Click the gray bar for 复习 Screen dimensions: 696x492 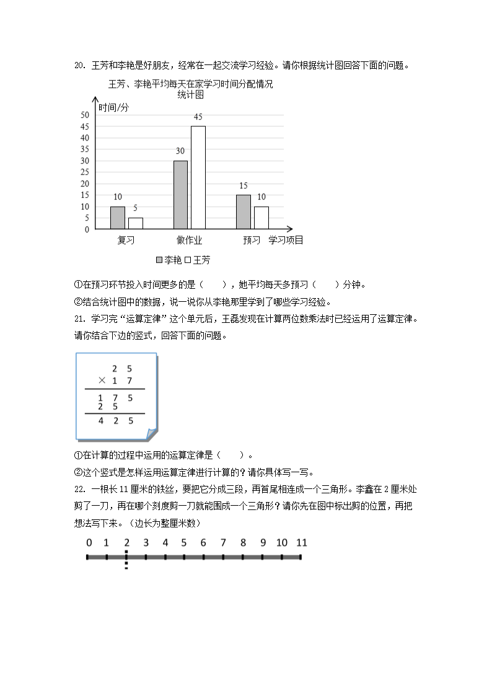(118, 218)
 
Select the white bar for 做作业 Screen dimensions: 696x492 (198, 177)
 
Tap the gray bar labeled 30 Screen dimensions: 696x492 (180, 195)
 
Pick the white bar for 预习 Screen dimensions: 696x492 (261, 218)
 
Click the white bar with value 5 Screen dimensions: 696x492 (135, 223)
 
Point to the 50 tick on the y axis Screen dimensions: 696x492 (85, 115)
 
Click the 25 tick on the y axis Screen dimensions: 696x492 (85, 172)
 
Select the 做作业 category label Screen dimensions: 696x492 (189, 240)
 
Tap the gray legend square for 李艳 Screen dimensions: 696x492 (160, 260)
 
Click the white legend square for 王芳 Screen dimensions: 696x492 (187, 260)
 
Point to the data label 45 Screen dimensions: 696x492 (198, 117)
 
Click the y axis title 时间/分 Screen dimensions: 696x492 (114, 107)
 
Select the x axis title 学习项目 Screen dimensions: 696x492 (286, 240)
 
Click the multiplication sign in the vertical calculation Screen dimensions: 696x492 (102, 381)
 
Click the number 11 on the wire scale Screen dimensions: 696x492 (302, 543)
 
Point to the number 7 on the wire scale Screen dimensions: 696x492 (223, 543)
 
